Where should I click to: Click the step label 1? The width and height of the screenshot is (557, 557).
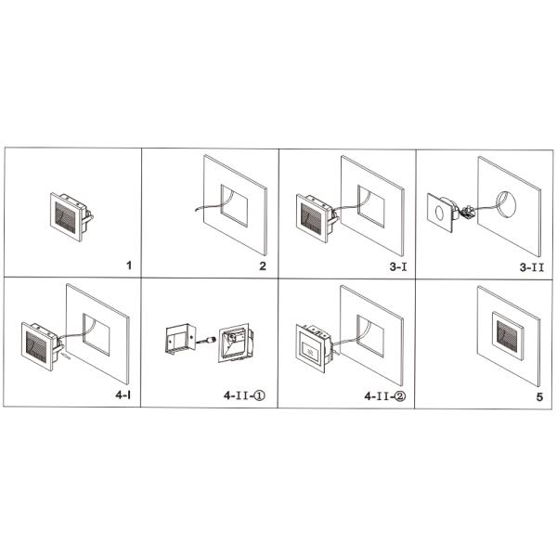128,266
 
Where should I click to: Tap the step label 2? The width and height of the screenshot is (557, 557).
263,266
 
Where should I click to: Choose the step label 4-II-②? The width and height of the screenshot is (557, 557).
384,395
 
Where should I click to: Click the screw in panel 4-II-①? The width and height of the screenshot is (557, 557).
207,340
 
